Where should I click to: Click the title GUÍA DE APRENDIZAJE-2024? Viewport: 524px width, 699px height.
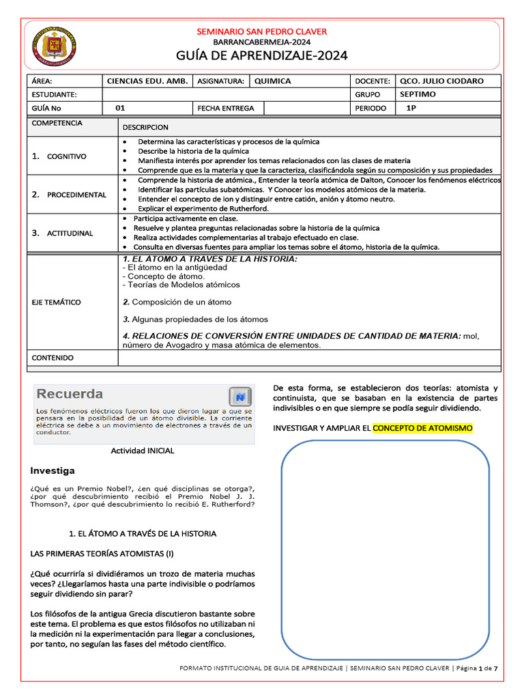tap(262, 55)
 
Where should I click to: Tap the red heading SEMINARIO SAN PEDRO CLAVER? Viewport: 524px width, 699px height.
tap(262, 31)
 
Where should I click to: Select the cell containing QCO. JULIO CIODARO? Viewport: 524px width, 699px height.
tap(441, 81)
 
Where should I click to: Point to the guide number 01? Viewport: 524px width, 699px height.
tap(120, 108)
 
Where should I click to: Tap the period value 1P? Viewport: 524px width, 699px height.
tap(411, 108)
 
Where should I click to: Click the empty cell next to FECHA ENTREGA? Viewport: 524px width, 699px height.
tap(306, 108)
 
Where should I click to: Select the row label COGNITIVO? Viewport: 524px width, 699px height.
tap(66, 156)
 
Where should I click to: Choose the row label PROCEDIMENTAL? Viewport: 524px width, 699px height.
tap(76, 195)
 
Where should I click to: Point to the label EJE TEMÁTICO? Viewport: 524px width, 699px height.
tap(56, 302)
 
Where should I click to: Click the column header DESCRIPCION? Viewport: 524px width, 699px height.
tap(145, 127)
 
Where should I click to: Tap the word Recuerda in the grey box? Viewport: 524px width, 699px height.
tap(70, 394)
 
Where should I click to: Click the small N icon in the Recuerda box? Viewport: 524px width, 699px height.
tap(239, 397)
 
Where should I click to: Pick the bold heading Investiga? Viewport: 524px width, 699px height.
tap(53, 471)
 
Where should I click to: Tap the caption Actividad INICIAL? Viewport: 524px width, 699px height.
tap(143, 451)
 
